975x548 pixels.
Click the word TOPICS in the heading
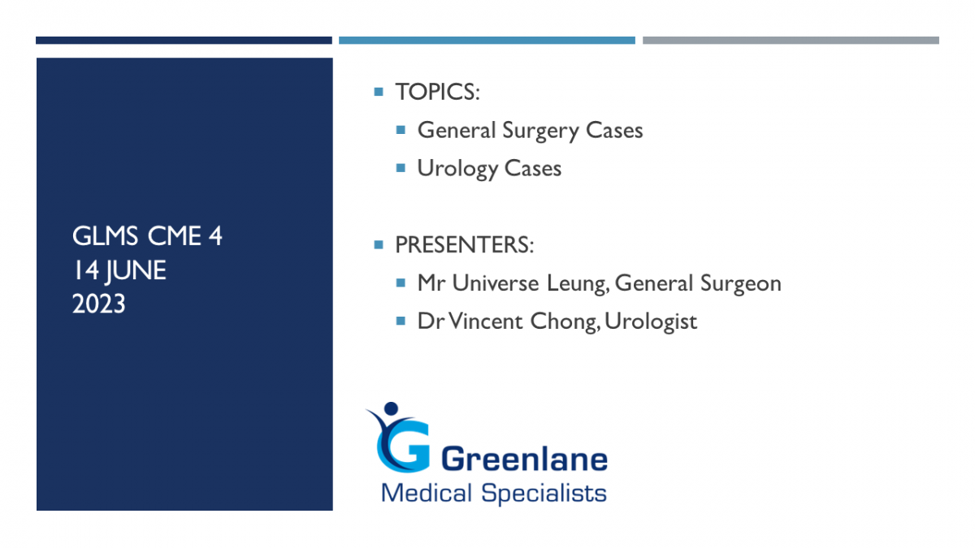coord(435,92)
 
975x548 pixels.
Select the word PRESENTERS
coord(461,245)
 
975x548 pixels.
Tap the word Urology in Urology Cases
coord(457,169)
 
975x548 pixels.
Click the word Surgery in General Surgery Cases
coord(540,131)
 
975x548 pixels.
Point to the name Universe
coord(496,283)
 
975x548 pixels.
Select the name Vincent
coord(485,321)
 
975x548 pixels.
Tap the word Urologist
coord(651,322)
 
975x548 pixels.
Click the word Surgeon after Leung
coord(741,284)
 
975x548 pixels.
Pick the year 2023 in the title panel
coord(99,304)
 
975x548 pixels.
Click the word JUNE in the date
coord(136,270)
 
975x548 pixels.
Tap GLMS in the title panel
coord(105,236)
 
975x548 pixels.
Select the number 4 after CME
coord(215,236)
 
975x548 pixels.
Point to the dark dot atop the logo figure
coord(392,408)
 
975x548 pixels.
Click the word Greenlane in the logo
coord(525,460)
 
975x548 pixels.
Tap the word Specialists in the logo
coord(544,494)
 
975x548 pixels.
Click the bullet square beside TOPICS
coord(379,92)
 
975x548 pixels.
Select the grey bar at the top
coord(791,41)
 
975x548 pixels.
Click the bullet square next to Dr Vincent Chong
coord(401,321)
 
